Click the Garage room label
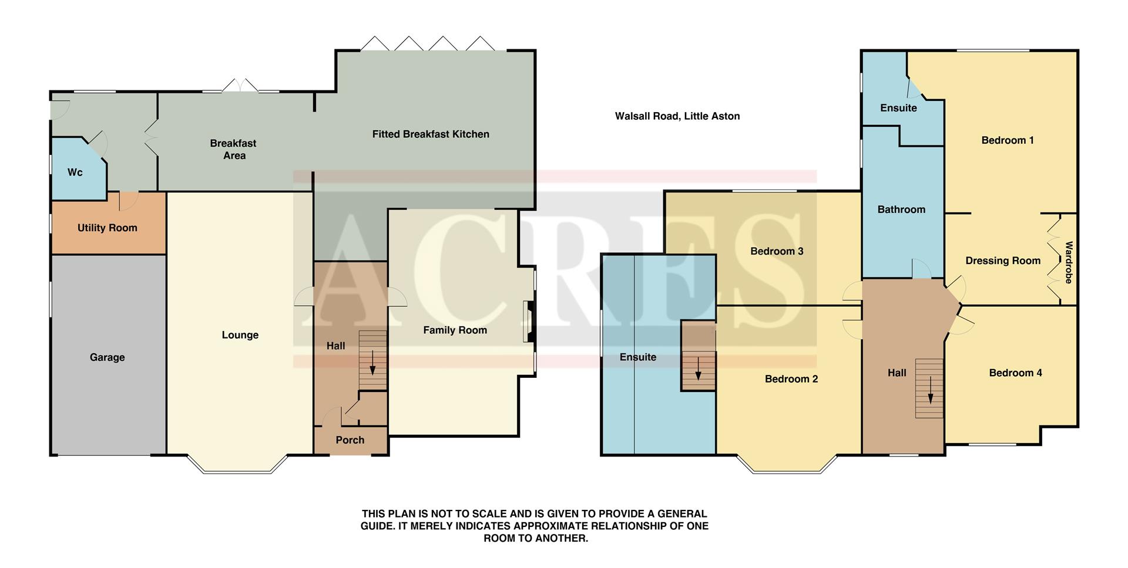[107, 357]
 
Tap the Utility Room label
[107, 228]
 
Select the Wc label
[75, 173]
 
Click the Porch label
[350, 440]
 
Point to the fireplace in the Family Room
[529, 322]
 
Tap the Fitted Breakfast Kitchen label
[431, 134]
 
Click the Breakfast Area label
[234, 149]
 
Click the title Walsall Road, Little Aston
[677, 116]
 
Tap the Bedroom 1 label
[1007, 140]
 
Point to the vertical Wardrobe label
[1069, 262]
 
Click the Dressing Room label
[1002, 261]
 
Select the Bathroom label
[901, 209]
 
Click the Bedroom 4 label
[1015, 373]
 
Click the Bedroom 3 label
[776, 251]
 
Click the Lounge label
[240, 335]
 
